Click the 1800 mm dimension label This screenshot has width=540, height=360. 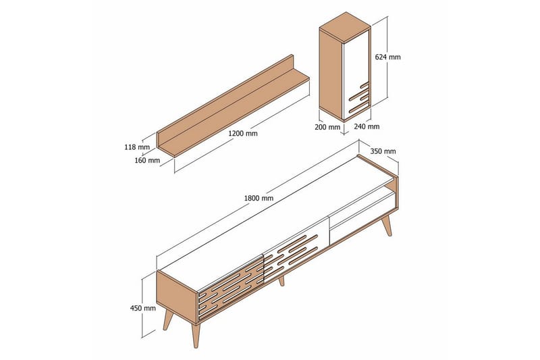tap(259, 198)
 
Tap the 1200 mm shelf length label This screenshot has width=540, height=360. tap(243, 133)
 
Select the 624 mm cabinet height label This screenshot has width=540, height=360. tap(387, 57)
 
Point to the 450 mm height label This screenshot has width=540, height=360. tap(143, 308)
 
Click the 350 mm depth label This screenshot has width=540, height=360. tap(383, 151)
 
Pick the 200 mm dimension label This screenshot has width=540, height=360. tap(327, 127)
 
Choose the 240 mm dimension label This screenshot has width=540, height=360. tap(367, 126)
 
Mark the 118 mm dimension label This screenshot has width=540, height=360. tap(137, 147)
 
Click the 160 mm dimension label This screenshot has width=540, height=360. tap(147, 160)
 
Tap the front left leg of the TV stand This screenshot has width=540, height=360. tap(195, 335)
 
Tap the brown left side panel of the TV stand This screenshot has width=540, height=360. tap(177, 297)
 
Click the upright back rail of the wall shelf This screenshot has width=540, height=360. tap(225, 96)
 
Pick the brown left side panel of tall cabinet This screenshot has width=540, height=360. tap(331, 74)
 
